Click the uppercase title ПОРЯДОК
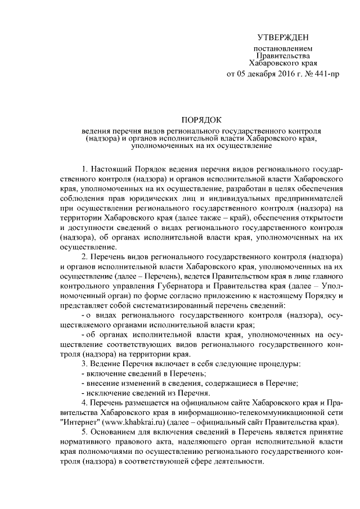[202, 120]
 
